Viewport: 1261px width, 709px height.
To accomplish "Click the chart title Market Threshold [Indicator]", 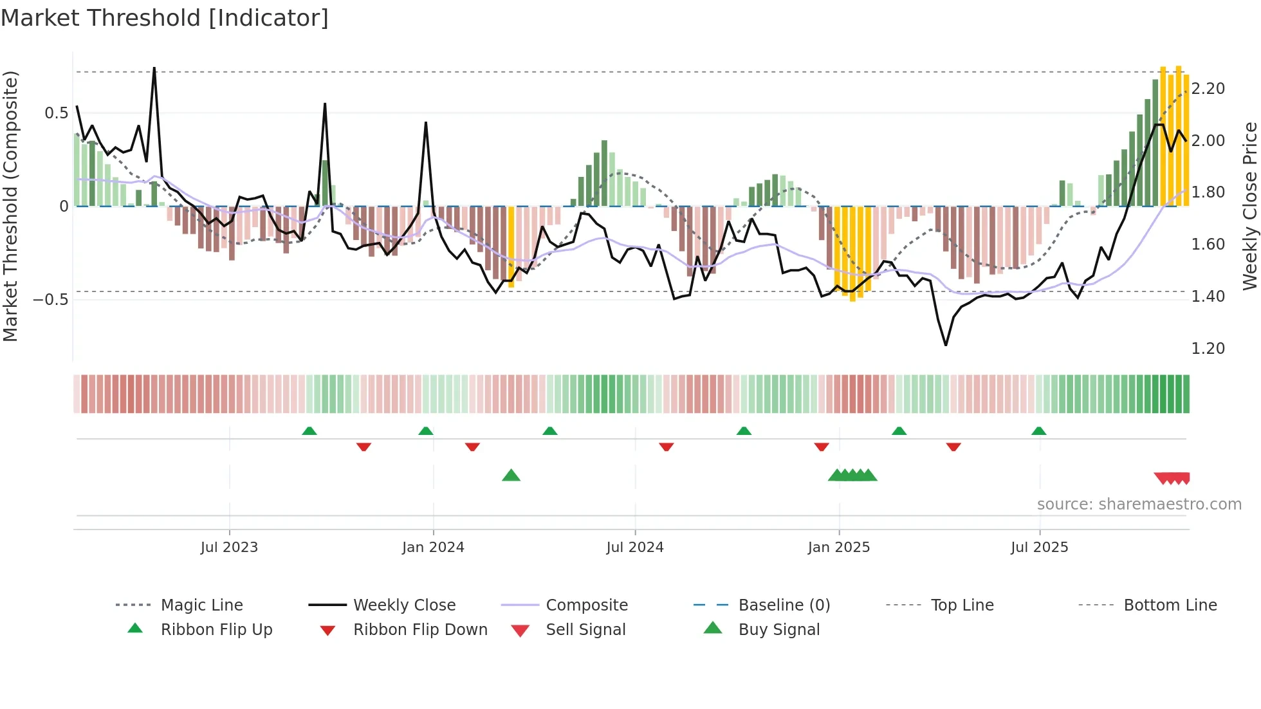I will click(165, 18).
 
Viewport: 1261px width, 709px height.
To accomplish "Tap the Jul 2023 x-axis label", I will click(229, 547).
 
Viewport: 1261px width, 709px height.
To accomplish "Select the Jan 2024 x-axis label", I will click(433, 547).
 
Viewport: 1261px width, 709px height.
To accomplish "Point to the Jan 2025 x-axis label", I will click(839, 547).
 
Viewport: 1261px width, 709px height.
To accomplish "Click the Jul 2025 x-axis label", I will click(1039, 547).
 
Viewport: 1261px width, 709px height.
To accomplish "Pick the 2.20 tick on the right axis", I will click(1208, 89).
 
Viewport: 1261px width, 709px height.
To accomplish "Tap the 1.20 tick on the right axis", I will click(1208, 349).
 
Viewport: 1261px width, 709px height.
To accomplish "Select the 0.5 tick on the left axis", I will click(56, 113).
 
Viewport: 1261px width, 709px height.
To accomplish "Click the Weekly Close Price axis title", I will click(1249, 206).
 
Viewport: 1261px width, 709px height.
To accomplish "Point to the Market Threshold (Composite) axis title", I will click(10, 206).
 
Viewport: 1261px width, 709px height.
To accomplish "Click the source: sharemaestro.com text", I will click(1139, 504).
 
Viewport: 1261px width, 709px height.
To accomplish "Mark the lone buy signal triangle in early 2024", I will click(511, 475).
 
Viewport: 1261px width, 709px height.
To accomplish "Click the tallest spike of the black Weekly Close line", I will click(154, 69).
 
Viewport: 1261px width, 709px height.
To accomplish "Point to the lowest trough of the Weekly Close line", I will click(946, 345).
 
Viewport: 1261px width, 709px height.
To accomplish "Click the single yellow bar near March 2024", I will click(511, 244).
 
